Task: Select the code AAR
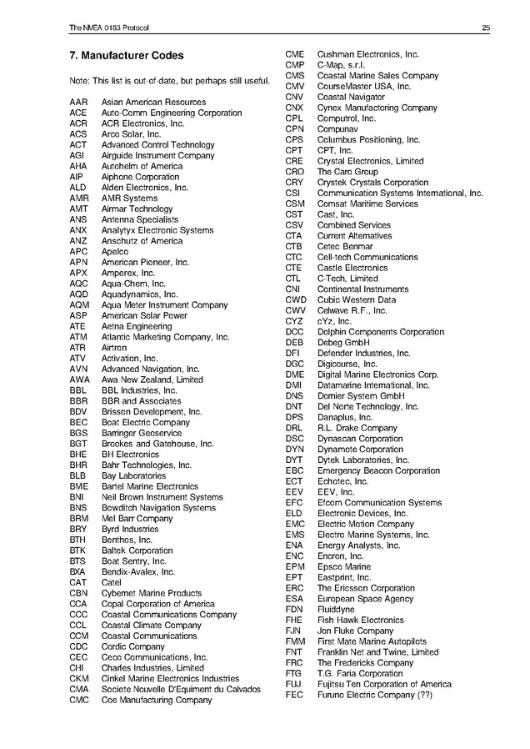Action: [78, 103]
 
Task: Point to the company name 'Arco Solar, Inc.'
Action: [131, 134]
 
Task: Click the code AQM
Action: [79, 305]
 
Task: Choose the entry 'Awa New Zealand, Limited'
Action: [152, 380]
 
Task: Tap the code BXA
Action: [77, 571]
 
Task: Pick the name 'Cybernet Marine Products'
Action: [152, 593]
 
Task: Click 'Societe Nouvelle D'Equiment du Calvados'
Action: [181, 689]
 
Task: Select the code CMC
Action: [79, 700]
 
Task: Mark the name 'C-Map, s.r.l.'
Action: [341, 65]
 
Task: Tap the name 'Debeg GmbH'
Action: [343, 343]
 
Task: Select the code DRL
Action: [294, 428]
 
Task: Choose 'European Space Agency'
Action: [365, 599]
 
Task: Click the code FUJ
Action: [293, 684]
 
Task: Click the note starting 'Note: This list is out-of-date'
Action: [169, 81]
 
